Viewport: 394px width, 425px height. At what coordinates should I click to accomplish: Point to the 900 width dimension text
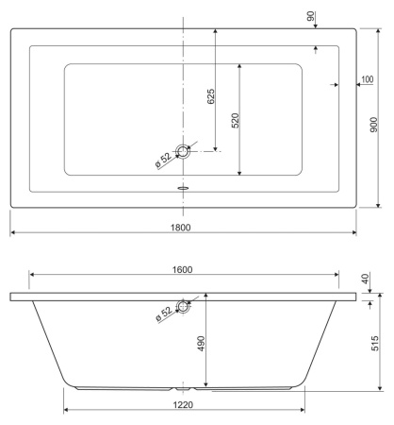(374, 124)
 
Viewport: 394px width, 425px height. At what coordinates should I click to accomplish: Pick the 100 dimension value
(367, 78)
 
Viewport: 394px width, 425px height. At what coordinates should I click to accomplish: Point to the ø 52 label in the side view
(165, 312)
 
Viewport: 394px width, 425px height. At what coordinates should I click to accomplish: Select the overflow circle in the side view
(184, 306)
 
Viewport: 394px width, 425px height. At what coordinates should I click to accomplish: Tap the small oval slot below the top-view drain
(184, 186)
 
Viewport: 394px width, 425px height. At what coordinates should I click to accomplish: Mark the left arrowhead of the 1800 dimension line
(13, 233)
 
